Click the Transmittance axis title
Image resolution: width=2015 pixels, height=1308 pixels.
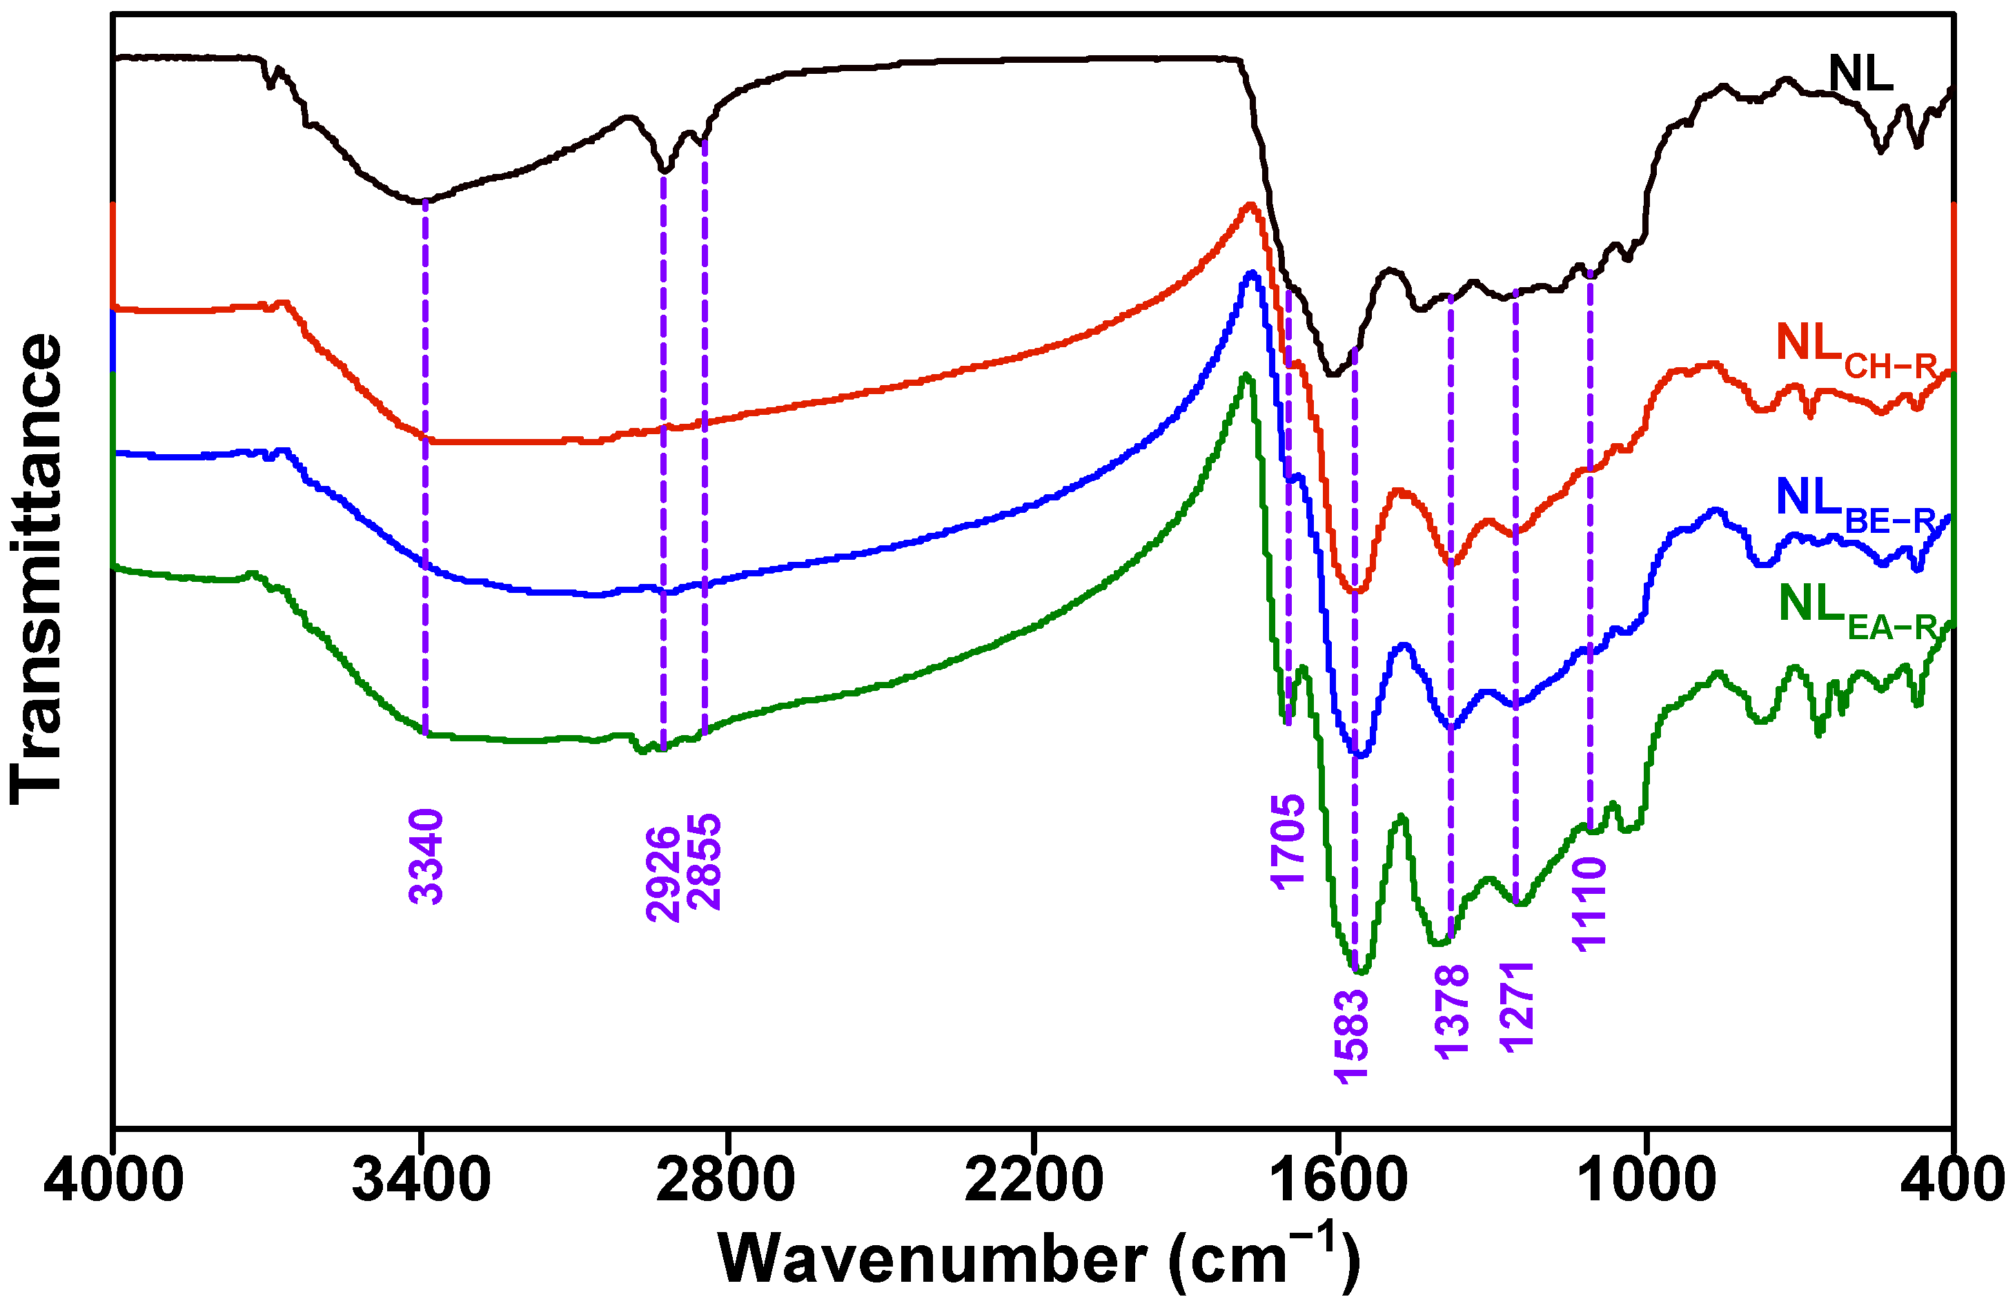36,569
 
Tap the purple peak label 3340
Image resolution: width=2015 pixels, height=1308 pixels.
426,857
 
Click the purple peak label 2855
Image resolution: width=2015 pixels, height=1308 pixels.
705,862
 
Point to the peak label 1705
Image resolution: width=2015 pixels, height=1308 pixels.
1288,841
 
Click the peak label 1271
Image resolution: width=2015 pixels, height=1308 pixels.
1516,1006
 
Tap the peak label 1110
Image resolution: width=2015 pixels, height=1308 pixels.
1589,904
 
